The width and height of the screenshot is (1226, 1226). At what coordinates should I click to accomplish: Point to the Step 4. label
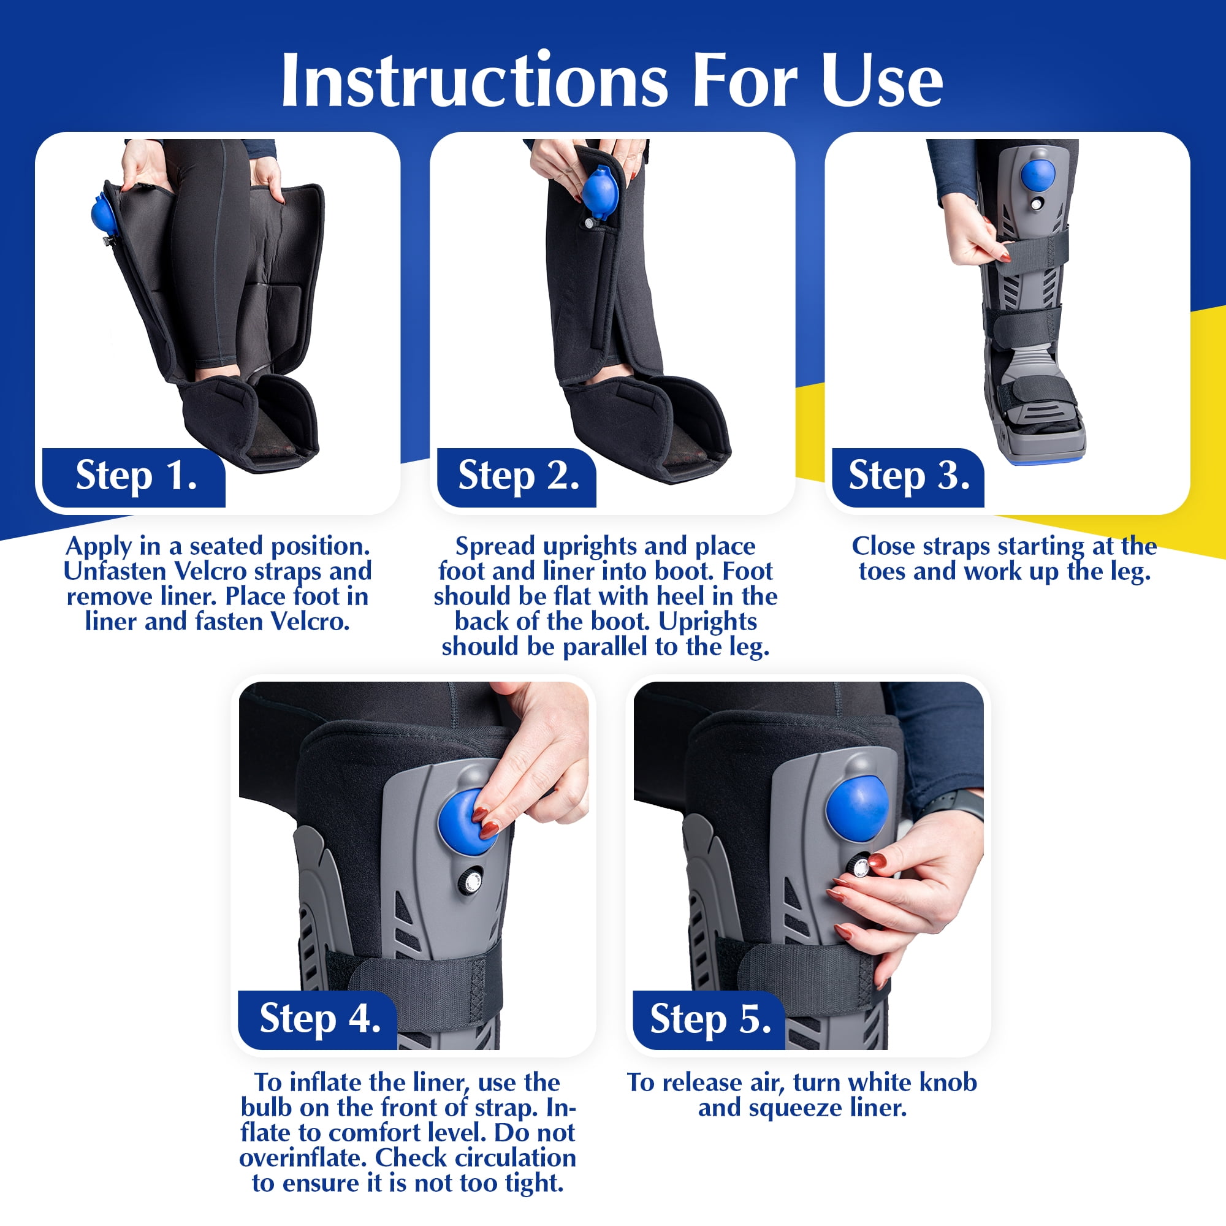pyautogui.click(x=320, y=1018)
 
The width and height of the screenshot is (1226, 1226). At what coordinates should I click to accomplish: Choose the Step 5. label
pyautogui.click(x=710, y=1018)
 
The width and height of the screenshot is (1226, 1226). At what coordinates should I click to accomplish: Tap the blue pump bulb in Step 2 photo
pyautogui.click(x=598, y=192)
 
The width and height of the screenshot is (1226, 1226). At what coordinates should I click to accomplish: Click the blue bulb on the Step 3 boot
pyautogui.click(x=1038, y=175)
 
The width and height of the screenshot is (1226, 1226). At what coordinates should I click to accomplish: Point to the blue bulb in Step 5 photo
pyautogui.click(x=857, y=810)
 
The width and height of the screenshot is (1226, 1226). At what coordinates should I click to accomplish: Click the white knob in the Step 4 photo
pyautogui.click(x=470, y=882)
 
